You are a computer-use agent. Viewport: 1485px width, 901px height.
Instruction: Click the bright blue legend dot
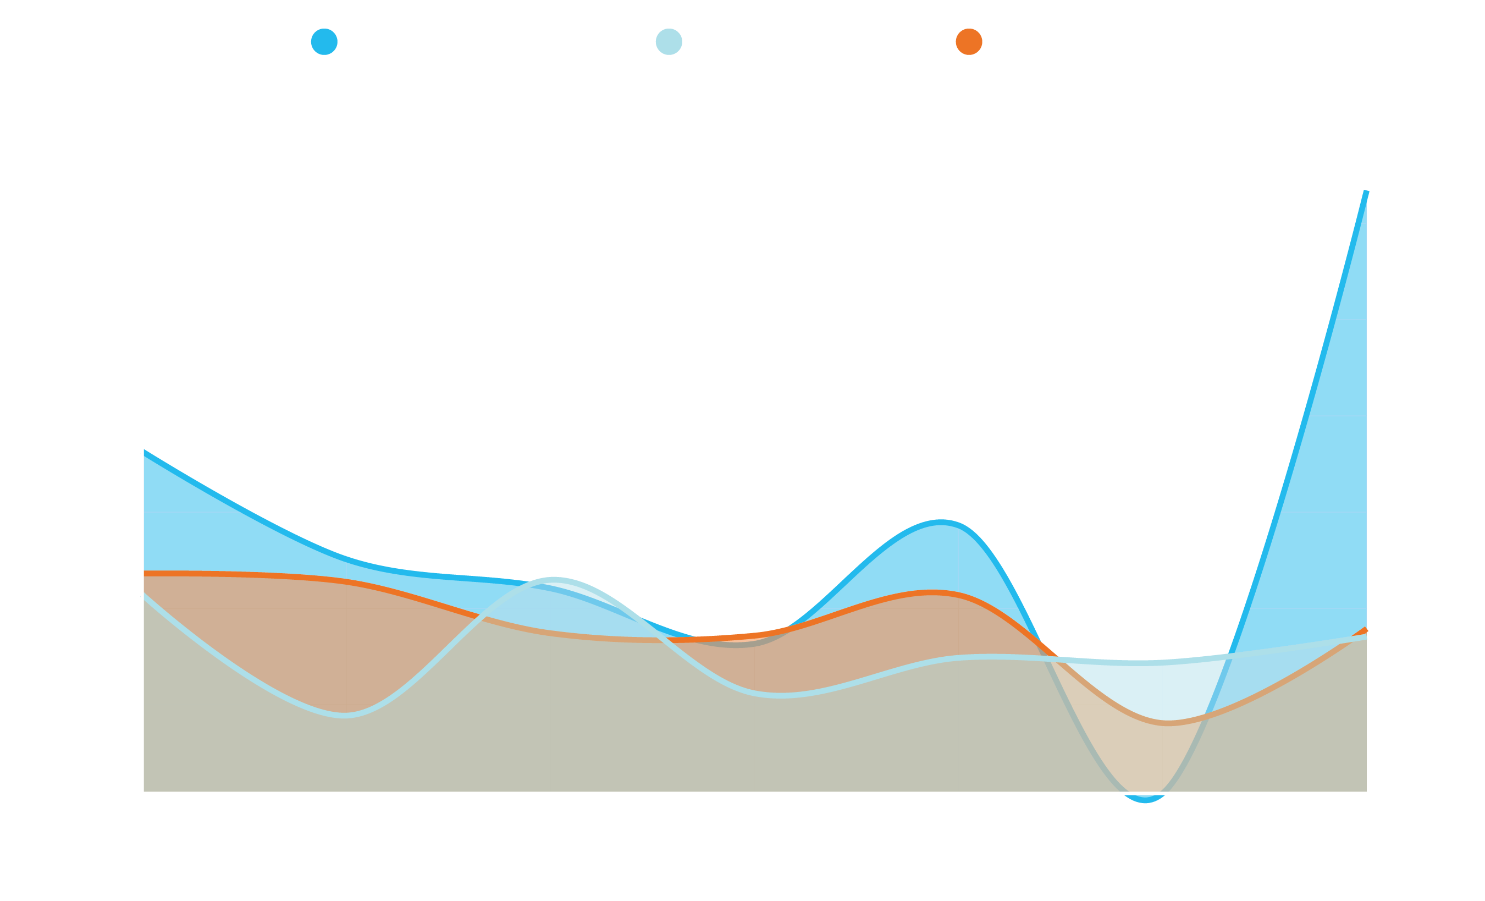(x=324, y=42)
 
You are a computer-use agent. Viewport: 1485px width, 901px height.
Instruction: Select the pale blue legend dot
(x=669, y=42)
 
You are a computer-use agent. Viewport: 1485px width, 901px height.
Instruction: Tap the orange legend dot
(x=969, y=42)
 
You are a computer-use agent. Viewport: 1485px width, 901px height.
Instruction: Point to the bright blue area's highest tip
(x=1366, y=192)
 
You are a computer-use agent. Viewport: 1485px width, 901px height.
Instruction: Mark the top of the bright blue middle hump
(x=941, y=520)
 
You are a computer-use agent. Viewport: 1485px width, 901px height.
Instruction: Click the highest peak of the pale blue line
(x=553, y=580)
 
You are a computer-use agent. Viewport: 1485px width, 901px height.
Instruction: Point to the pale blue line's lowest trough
(x=345, y=716)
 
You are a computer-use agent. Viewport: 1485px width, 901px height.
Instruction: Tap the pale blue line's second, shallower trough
(x=777, y=696)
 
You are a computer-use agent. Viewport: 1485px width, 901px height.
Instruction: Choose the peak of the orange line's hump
(x=932, y=593)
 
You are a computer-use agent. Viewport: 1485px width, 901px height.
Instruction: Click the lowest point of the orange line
(x=1168, y=723)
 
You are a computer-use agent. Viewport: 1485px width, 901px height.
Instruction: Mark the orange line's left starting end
(x=145, y=574)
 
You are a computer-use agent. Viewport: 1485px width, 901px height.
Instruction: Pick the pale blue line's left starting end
(x=145, y=596)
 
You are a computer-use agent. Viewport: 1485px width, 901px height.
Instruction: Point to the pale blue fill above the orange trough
(x=1145, y=688)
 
